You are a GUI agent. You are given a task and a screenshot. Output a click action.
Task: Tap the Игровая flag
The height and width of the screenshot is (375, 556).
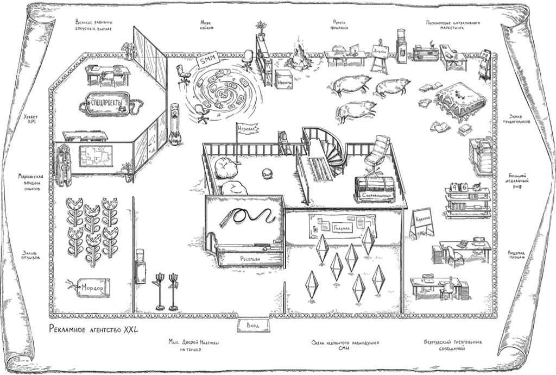coord(247,129)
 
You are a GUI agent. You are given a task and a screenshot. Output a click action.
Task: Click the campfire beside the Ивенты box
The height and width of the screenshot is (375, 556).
coord(300,58)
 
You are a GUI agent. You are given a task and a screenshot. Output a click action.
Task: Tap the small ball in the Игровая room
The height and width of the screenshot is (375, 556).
coord(268,173)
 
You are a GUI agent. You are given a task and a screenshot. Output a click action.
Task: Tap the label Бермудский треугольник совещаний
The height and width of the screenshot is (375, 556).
coord(452,346)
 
